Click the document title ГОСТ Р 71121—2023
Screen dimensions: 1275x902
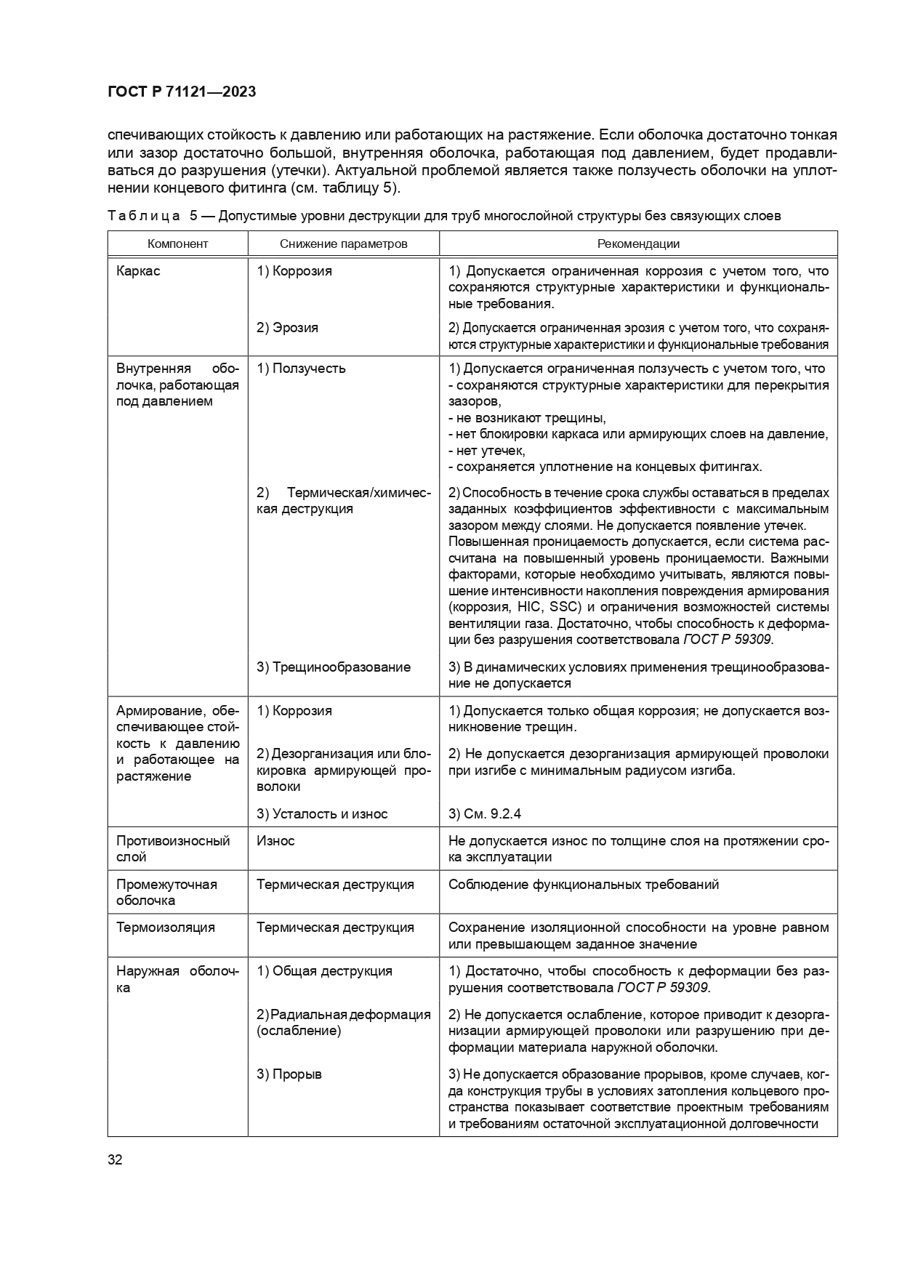point(181,92)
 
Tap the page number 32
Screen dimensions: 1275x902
point(115,1159)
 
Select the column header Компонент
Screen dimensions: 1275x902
point(177,244)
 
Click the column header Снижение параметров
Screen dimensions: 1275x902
point(343,244)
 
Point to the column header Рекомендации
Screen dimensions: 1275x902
point(638,244)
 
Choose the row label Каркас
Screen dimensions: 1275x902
point(138,271)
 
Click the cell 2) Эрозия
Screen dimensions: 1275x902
point(287,328)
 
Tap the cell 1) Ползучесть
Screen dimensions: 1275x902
point(301,369)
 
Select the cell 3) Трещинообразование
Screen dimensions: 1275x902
point(333,667)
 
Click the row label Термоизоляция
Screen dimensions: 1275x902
point(165,928)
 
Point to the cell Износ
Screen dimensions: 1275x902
point(275,841)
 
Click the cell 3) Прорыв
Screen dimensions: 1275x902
point(289,1074)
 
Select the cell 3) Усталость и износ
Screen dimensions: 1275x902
point(322,814)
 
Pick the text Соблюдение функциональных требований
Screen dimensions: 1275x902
point(584,885)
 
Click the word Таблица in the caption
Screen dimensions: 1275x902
point(142,216)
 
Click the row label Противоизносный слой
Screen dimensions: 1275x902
point(173,849)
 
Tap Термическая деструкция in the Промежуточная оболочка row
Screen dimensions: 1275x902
point(335,885)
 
